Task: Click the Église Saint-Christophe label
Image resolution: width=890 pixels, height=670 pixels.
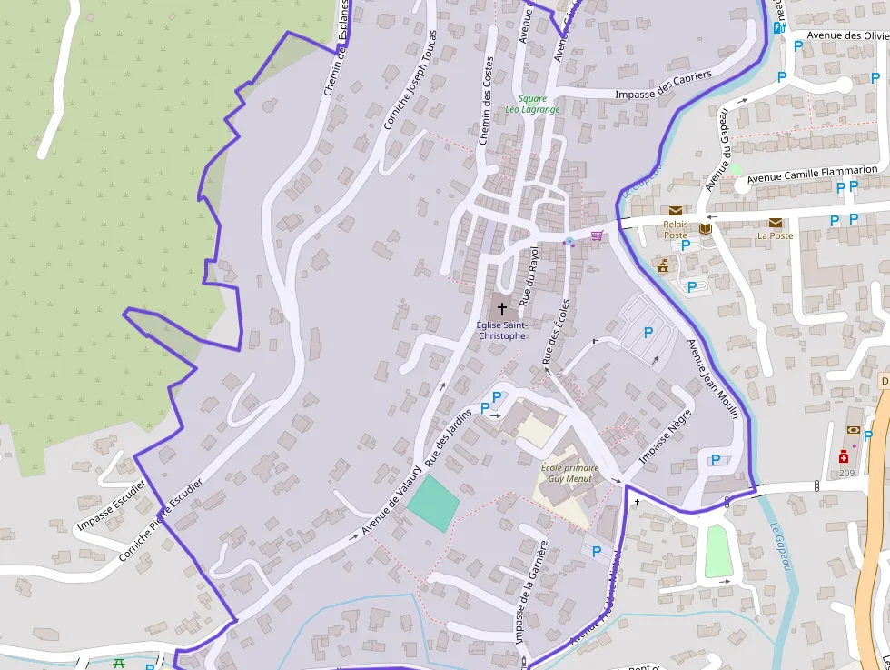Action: coord(501,330)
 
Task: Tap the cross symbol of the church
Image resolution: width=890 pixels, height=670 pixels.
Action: coord(501,308)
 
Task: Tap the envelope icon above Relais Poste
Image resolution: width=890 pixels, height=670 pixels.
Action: coord(676,211)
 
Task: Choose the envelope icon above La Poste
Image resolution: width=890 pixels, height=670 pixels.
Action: coord(776,223)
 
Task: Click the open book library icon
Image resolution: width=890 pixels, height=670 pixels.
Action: coord(705,229)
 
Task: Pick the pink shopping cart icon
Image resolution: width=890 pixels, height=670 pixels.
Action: coord(597,235)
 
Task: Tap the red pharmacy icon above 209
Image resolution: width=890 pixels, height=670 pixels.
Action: coord(845,459)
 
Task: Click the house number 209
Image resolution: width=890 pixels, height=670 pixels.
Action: coord(846,474)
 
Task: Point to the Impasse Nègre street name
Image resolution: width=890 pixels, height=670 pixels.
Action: coord(666,436)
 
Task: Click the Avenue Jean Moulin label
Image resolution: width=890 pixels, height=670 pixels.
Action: coord(713,380)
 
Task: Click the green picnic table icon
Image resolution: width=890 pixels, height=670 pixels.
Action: coord(119,663)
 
